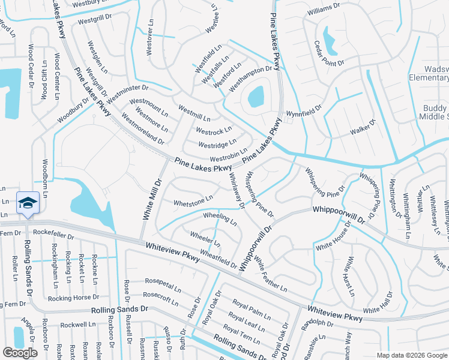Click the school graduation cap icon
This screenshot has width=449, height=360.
tap(28, 203)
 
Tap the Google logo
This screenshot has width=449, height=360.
tap(20, 352)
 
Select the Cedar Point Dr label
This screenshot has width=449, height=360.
tap(328, 53)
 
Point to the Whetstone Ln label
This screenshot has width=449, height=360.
tap(193, 200)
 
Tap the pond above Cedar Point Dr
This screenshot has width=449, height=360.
tap(329, 40)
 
